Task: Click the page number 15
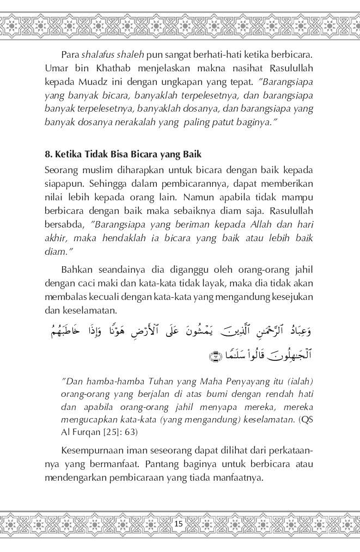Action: [x=180, y=524]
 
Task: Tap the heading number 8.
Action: [x=48, y=155]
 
